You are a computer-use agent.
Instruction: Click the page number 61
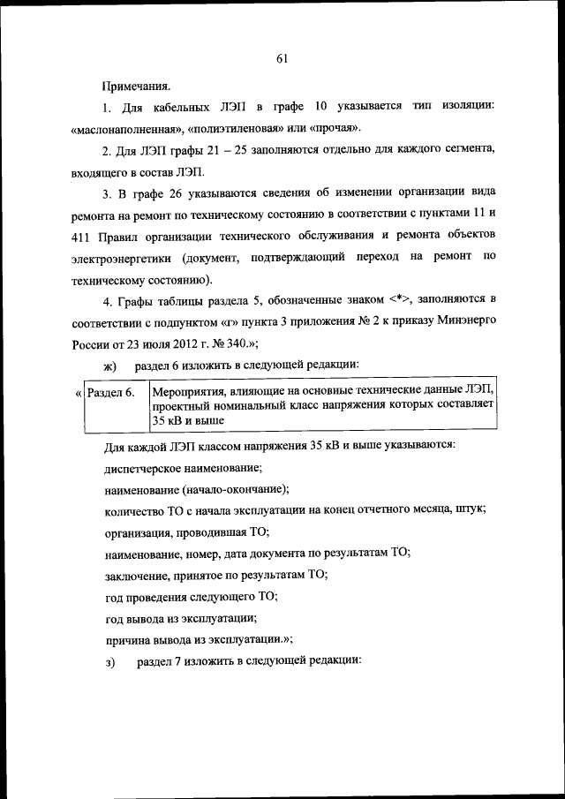click(282, 59)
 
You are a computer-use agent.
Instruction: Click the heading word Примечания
click(137, 87)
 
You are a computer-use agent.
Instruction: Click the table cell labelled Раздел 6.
click(109, 392)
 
